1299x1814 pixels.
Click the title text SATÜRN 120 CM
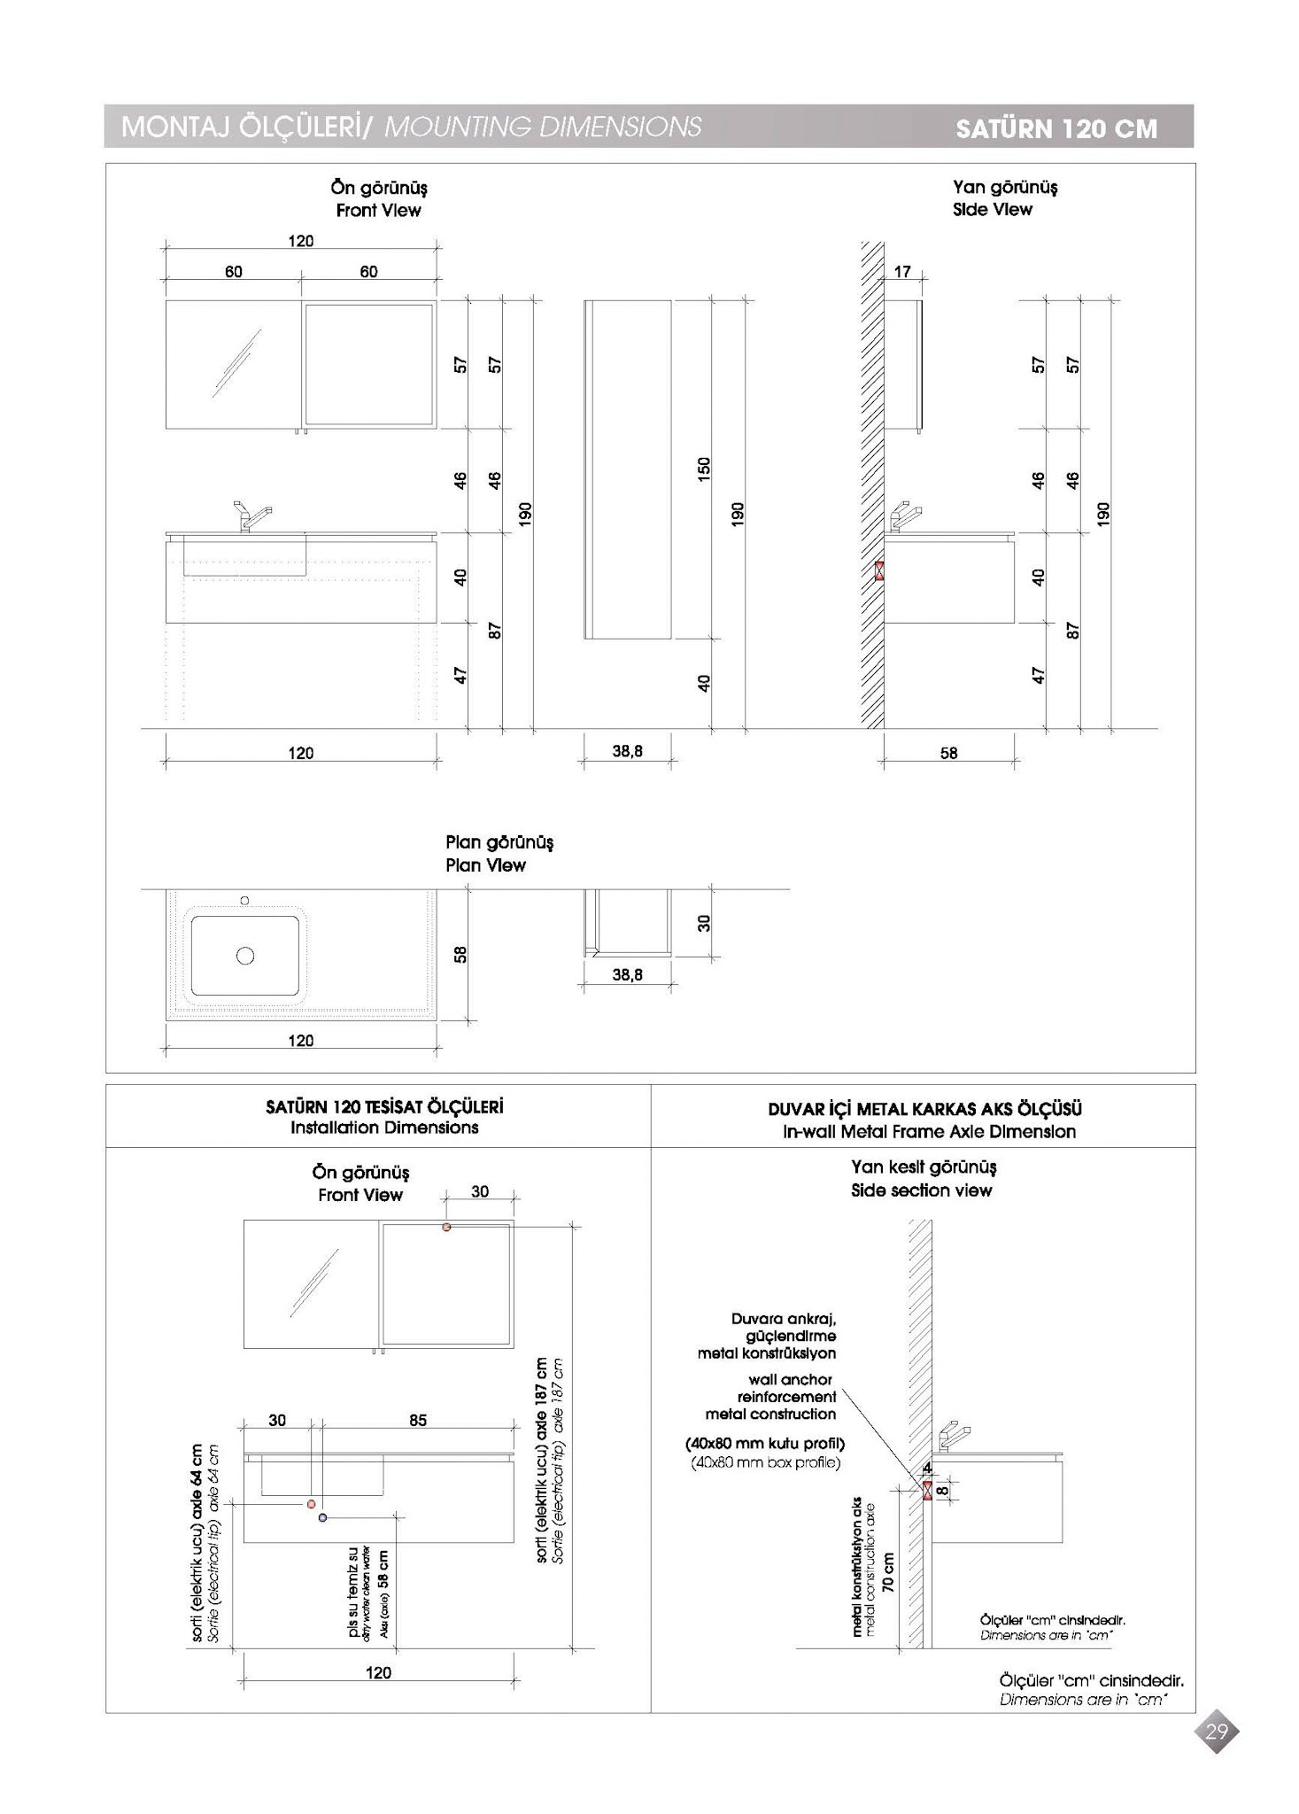[1056, 128]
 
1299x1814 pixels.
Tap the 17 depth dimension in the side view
[902, 272]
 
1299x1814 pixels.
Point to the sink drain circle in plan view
[245, 955]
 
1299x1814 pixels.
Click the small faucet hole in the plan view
[245, 900]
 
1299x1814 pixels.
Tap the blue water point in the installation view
[322, 1517]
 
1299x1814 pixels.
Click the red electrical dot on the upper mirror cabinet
[446, 1227]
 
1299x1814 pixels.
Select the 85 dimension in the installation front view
[418, 1420]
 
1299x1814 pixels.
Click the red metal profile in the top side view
[879, 570]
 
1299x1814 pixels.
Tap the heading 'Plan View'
[485, 865]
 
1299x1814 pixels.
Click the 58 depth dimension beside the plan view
[460, 954]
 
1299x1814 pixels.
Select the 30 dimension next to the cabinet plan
[704, 923]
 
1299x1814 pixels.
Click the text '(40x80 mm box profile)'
[765, 1461]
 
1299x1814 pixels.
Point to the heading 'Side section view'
[921, 1190]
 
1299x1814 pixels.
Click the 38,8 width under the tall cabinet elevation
[627, 751]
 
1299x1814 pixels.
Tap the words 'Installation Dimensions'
[384, 1128]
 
